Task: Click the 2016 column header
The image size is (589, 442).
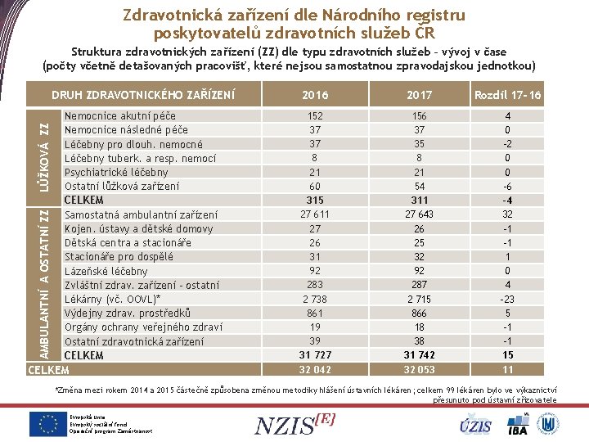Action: coord(314,95)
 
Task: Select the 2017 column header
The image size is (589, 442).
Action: coord(419,95)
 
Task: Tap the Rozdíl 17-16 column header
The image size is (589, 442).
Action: coord(507,95)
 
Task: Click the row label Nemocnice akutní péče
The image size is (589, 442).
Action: coord(119,116)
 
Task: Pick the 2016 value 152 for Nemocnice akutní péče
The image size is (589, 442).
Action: coord(314,116)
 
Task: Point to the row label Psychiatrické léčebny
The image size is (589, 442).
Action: coord(116,172)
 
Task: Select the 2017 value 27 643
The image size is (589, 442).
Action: coord(419,214)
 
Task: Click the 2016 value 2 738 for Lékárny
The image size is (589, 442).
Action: coord(314,300)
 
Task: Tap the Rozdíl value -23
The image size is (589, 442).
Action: coord(507,300)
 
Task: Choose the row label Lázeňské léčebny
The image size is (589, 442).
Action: coord(106,271)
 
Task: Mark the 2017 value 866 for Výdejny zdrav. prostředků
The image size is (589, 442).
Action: coord(419,313)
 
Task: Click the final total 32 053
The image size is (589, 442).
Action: coord(419,370)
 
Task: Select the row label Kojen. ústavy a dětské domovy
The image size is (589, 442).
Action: coord(138,228)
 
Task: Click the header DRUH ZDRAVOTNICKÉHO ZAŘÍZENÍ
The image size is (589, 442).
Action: coord(142,96)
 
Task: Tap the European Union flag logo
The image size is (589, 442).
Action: coord(48,423)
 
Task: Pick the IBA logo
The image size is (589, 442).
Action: coord(518,425)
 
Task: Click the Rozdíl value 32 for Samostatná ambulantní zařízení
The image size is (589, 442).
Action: coord(507,214)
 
